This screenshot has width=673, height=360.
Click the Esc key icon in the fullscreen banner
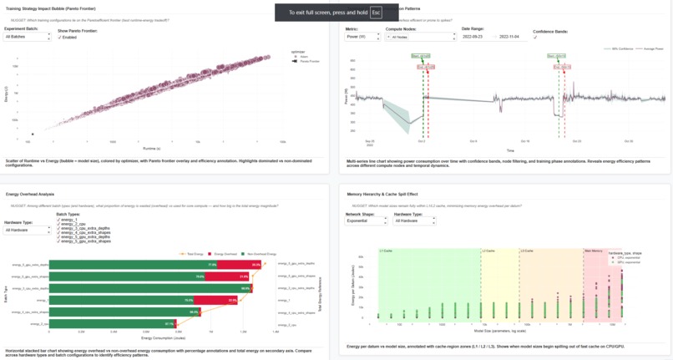(376, 13)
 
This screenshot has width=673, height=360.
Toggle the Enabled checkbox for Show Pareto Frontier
(60, 37)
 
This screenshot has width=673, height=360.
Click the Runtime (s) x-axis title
(151, 146)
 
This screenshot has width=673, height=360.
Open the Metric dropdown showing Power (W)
(362, 37)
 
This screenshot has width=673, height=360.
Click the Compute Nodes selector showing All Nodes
(420, 37)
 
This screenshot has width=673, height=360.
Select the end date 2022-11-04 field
(514, 37)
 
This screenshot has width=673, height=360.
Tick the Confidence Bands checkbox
(536, 37)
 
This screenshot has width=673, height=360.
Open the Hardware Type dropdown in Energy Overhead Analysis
(27, 231)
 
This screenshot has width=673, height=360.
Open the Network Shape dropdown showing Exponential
(366, 222)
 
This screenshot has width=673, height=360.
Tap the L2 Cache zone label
(488, 250)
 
